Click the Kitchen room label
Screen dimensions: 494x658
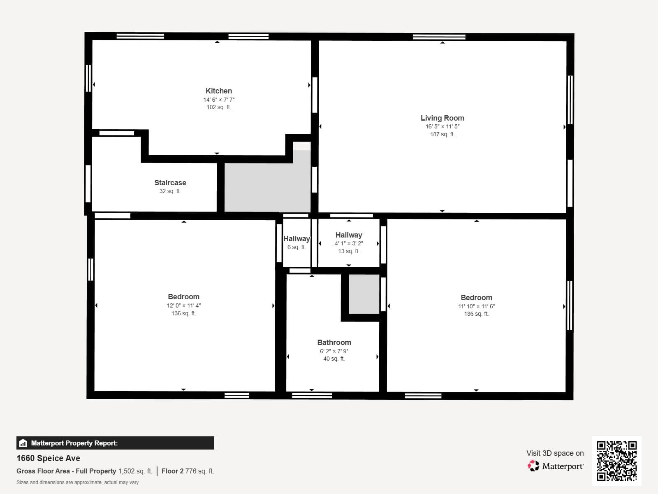tap(218, 91)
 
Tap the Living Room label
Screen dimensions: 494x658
tap(442, 118)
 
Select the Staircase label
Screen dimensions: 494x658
tap(170, 183)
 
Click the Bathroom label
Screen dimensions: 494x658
tap(334, 343)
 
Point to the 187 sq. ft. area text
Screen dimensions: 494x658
tap(442, 134)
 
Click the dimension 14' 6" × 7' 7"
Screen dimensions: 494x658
tap(218, 100)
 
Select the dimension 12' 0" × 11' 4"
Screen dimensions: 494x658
tap(183, 305)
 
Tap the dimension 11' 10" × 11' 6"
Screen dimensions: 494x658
tap(476, 306)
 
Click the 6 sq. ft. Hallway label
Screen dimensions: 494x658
tap(296, 239)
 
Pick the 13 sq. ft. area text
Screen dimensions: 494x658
tap(348, 251)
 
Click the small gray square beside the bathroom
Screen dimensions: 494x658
tap(364, 294)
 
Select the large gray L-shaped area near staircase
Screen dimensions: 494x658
tap(263, 187)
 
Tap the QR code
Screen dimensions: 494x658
tap(616, 461)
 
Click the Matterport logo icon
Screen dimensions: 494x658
tap(533, 466)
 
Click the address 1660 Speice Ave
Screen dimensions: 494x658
tap(48, 458)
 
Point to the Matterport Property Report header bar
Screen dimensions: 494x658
tap(115, 443)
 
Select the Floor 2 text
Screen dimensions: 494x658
tap(172, 471)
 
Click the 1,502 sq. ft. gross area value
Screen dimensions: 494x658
tap(135, 471)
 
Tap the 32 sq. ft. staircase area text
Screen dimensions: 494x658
tap(170, 191)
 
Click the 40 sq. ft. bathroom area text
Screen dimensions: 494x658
tap(334, 359)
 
